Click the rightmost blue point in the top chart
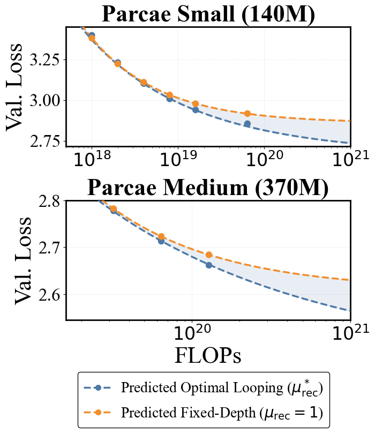click(247, 124)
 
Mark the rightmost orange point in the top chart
click(247, 114)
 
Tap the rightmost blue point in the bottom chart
click(209, 265)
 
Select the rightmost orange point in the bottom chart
click(209, 255)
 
